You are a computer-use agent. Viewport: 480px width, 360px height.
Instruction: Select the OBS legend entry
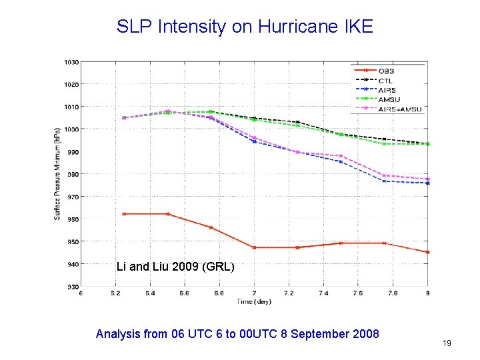(386, 71)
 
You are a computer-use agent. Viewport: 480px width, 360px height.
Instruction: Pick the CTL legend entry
(385, 81)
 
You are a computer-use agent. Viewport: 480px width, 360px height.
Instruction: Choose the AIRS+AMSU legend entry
(399, 109)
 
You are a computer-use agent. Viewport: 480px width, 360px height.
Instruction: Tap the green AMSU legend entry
(388, 99)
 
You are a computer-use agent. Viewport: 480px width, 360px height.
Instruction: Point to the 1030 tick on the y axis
(71, 62)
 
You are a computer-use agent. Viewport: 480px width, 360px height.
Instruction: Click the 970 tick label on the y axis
(71, 197)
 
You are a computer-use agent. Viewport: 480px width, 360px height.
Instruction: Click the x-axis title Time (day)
(254, 302)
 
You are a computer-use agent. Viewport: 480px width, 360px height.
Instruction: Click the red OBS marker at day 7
(254, 247)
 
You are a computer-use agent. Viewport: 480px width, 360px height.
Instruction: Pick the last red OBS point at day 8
(427, 252)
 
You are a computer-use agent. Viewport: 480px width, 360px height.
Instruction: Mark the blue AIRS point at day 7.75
(385, 181)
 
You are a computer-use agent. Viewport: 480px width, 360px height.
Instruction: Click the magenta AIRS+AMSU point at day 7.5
(341, 156)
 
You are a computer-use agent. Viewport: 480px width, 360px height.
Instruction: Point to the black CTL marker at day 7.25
(297, 122)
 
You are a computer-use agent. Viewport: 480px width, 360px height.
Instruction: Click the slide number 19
(447, 343)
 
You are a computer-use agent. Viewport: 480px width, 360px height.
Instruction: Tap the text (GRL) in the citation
(219, 267)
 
